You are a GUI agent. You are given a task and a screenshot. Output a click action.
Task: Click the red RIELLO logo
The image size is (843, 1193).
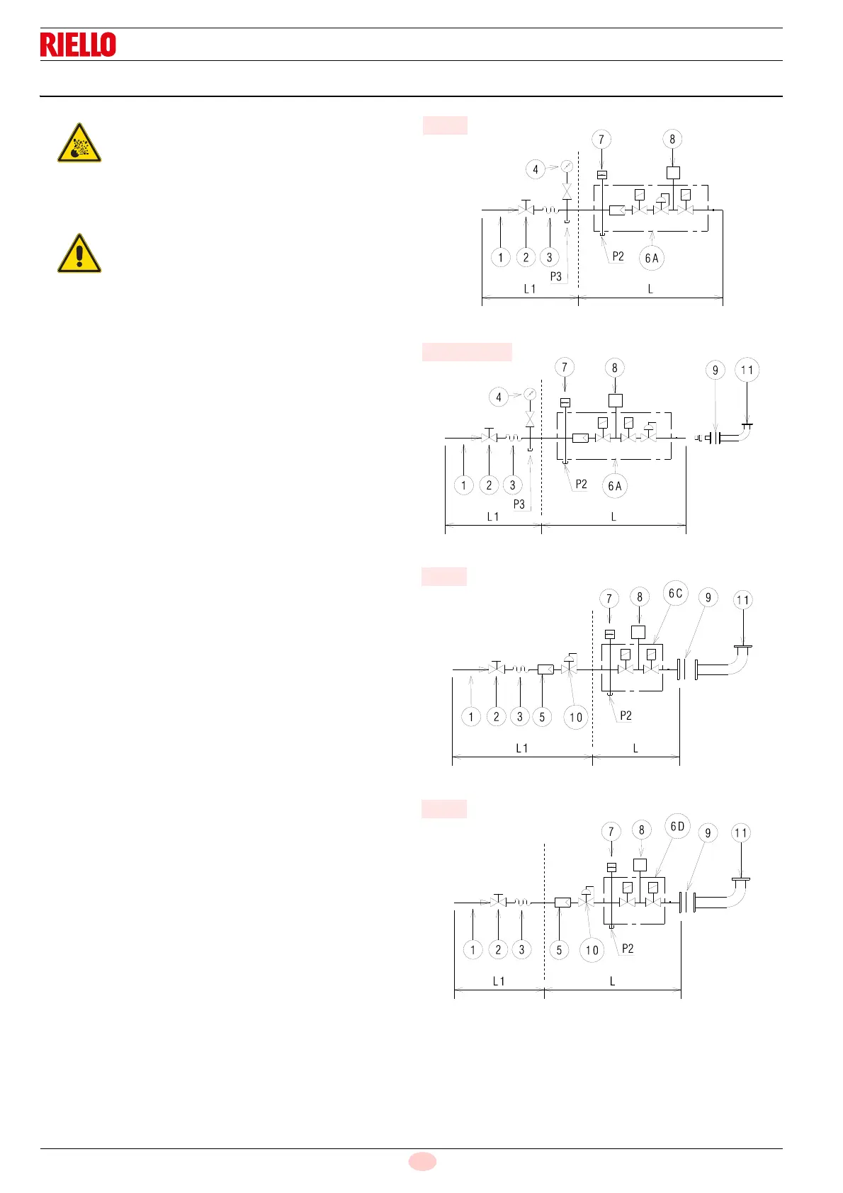78,45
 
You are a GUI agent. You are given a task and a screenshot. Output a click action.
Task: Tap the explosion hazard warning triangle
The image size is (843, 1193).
79,144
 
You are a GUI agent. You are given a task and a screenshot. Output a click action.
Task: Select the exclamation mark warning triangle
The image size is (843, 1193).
79,254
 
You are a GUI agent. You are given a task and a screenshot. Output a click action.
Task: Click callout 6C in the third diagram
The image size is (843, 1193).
676,594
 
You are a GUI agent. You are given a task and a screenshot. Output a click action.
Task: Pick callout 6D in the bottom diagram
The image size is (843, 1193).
677,826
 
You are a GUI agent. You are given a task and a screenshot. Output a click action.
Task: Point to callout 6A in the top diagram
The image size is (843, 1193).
652,258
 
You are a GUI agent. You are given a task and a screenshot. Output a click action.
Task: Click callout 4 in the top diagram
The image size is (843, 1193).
536,169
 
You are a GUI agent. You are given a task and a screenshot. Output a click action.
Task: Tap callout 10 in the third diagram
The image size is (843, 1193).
576,717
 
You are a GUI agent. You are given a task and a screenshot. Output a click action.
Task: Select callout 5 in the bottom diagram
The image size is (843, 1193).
559,950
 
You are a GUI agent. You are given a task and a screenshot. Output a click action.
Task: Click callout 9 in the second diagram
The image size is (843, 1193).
715,370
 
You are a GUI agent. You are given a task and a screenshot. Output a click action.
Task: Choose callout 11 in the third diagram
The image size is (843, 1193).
742,600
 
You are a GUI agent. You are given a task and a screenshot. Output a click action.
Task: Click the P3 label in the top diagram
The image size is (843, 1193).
556,276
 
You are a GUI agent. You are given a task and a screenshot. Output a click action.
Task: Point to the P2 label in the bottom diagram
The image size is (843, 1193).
628,949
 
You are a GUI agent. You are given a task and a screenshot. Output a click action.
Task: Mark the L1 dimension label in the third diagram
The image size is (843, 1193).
522,748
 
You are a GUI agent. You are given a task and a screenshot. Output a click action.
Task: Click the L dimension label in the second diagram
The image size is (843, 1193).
613,517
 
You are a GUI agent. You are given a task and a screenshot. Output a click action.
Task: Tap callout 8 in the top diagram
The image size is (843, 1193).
672,139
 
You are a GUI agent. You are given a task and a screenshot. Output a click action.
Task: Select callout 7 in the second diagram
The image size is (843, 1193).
565,367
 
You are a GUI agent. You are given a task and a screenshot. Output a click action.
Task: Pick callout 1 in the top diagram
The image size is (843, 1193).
501,257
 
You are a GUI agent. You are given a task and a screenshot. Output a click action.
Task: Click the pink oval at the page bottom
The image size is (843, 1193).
422,1161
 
